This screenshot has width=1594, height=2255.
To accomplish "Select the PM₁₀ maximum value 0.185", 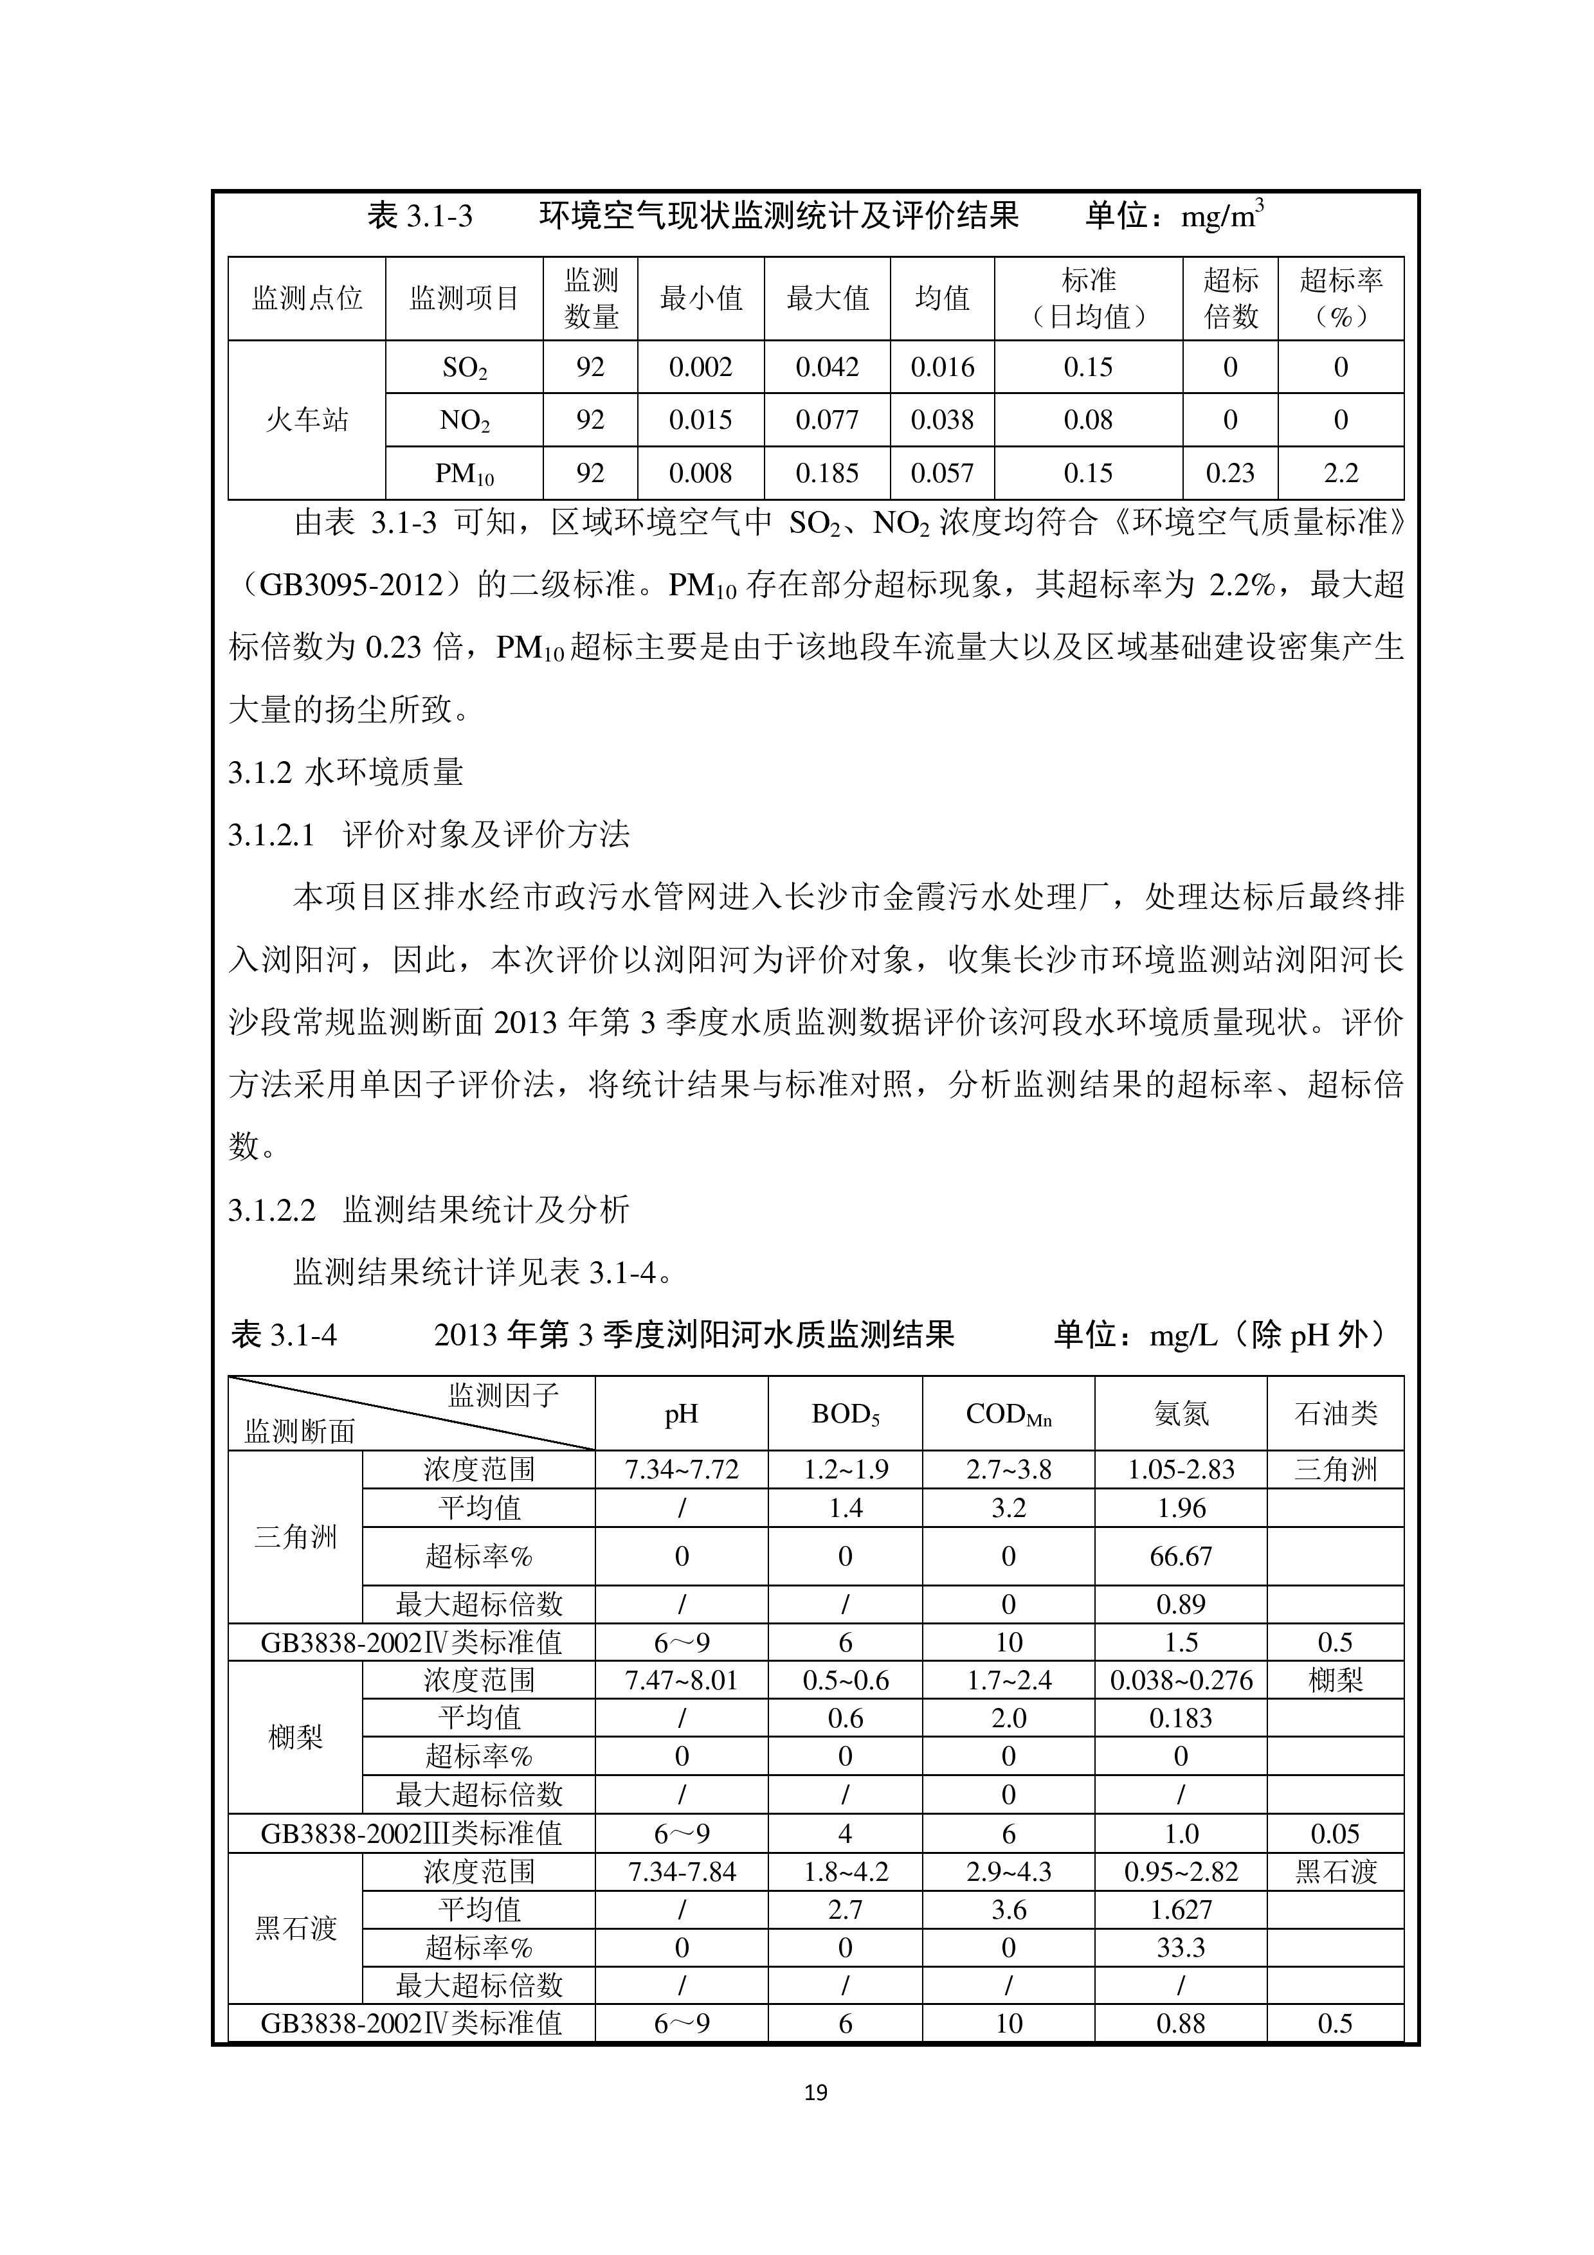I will [827, 473].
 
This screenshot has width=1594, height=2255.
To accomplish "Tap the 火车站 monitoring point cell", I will [307, 420].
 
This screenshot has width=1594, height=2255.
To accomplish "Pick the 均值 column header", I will [942, 298].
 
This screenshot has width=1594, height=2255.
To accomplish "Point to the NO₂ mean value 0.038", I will [942, 420].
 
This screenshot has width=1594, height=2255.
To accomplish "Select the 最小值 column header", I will [700, 298].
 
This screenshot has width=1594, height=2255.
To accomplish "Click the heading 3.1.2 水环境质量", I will [346, 773].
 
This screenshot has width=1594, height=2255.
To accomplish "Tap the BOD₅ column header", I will [845, 1414].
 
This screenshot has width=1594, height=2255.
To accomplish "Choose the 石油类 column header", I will [1335, 1414].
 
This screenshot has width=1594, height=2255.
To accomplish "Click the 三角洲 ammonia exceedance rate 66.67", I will [1181, 1557].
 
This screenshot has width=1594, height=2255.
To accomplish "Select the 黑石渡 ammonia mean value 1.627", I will [1181, 1910].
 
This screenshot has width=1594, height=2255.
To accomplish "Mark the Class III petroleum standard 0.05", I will [1335, 1834].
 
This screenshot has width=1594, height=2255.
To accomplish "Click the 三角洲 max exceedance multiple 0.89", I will [1181, 1605].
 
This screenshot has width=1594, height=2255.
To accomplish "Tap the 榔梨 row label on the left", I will [294, 1738].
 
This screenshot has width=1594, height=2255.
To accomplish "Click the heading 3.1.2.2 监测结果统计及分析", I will [429, 1210].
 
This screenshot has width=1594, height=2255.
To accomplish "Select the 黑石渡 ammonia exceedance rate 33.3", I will [1181, 1948].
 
